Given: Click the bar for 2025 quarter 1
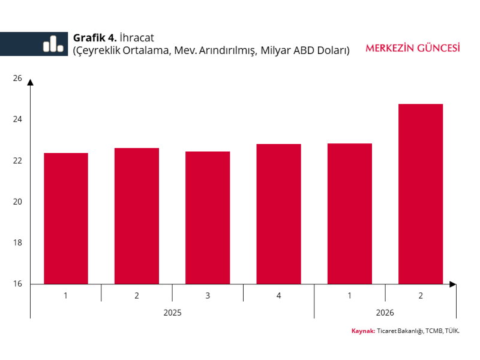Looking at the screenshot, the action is (x=66, y=218).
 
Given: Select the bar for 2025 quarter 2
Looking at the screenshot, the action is (x=137, y=216).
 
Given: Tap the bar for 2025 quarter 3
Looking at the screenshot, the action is (x=208, y=218).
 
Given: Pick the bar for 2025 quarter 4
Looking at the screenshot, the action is (x=278, y=214).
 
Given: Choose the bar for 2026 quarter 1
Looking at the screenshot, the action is (x=350, y=214).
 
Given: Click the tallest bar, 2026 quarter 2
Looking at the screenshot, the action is (x=421, y=194).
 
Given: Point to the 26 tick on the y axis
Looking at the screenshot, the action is (x=17, y=79).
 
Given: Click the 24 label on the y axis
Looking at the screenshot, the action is (x=17, y=119).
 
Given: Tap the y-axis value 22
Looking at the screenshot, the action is (x=17, y=161).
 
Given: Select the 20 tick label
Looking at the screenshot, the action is (x=17, y=202).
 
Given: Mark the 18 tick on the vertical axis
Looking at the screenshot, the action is (x=17, y=243).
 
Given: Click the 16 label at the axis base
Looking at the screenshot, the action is (x=17, y=284).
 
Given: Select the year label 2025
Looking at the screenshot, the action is (x=172, y=313).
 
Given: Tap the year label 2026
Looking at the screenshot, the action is (x=385, y=313).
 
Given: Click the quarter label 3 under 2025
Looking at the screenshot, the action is (x=208, y=296).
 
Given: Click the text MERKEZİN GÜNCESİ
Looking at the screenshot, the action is (x=413, y=48).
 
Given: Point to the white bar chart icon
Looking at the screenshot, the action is (x=53, y=44).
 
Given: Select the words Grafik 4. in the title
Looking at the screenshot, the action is (x=95, y=38).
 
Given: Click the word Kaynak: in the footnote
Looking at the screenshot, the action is (x=363, y=331).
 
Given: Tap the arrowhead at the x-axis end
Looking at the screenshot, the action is (x=453, y=284).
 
